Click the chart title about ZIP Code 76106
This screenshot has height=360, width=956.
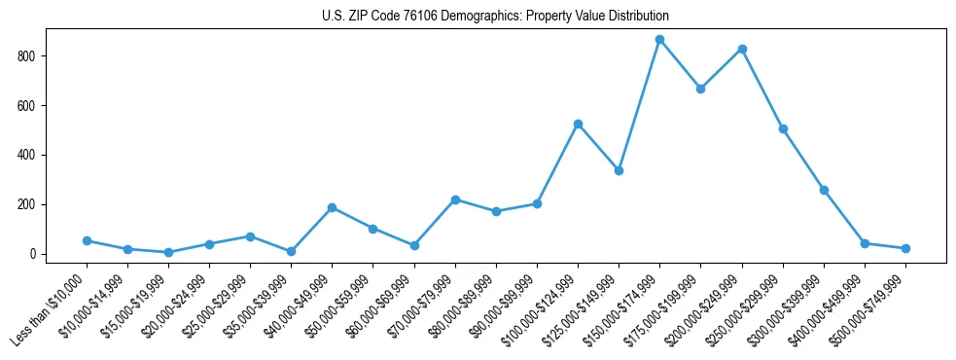point(495,17)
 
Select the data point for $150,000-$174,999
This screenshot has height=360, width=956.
point(659,40)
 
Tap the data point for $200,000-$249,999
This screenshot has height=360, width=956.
point(742,49)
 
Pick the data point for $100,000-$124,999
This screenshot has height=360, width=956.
point(578,125)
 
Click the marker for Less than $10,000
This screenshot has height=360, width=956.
point(87,240)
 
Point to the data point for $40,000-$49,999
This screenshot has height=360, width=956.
point(333,207)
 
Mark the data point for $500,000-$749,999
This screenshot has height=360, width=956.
point(905,248)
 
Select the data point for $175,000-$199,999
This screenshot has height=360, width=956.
point(700,89)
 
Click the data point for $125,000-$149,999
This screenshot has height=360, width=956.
point(619,170)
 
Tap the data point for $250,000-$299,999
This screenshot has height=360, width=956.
point(783,128)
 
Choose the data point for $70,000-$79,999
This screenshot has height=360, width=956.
point(455,199)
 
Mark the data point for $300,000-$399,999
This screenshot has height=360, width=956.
point(824,190)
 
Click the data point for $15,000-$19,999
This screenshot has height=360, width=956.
point(169,253)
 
